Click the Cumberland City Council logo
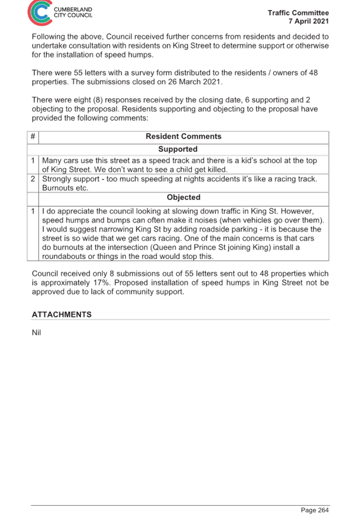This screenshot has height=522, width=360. [x=60, y=13]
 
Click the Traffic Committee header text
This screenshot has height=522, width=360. [x=298, y=13]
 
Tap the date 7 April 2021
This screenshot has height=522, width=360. [x=309, y=21]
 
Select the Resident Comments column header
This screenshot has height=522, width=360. [x=184, y=137]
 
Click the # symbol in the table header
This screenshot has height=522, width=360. [x=33, y=136]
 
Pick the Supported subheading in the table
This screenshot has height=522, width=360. [x=178, y=149]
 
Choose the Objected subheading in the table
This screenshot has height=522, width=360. [x=184, y=197]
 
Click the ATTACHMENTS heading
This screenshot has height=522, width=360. [x=62, y=315]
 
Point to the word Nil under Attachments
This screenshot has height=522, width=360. [x=36, y=333]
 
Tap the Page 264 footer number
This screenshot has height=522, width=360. [x=315, y=510]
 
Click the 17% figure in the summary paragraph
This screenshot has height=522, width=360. [x=99, y=283]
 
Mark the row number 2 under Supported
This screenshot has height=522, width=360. [x=33, y=179]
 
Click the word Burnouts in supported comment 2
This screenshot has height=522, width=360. [x=56, y=188]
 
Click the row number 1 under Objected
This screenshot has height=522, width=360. [x=33, y=212]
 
